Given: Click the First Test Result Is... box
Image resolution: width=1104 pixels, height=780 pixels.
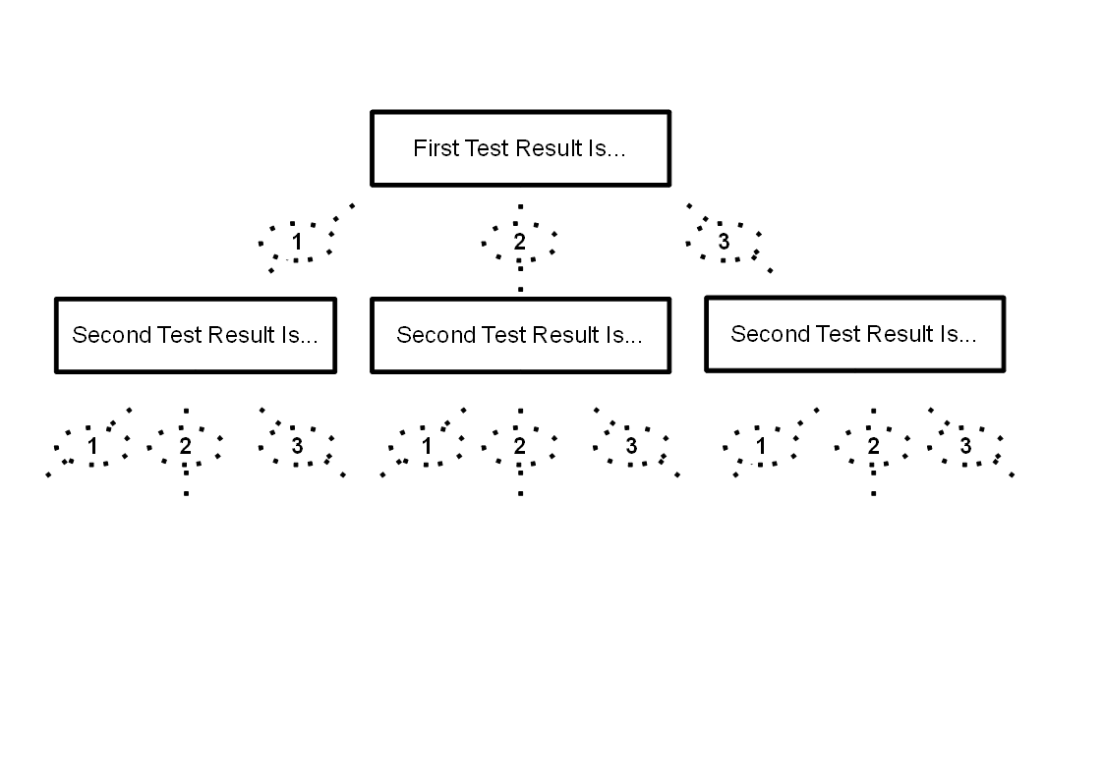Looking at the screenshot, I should point(520,148).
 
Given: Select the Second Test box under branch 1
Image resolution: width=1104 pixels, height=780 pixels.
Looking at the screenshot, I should point(196,335).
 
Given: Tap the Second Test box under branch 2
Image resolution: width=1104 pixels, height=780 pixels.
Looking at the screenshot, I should point(520,335).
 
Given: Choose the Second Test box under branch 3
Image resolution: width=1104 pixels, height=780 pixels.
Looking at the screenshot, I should point(854,334).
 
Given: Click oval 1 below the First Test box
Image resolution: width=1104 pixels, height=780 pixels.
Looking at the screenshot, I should point(297,242).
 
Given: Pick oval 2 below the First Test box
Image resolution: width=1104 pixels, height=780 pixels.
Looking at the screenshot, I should point(520,242).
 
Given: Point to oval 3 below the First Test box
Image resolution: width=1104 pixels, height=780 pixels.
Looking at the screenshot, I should point(725,242).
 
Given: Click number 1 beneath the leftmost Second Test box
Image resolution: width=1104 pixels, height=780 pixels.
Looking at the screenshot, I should point(92,446).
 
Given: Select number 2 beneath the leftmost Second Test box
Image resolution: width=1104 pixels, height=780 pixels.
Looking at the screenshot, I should point(186,446).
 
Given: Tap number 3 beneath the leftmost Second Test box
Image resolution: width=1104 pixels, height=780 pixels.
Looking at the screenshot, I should point(297,446).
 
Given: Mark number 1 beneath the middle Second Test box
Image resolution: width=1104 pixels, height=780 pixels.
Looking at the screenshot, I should point(427,446).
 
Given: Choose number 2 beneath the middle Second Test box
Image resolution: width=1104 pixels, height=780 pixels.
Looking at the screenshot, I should point(520,446).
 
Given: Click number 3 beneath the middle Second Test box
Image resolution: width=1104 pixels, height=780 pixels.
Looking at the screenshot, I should point(631,446).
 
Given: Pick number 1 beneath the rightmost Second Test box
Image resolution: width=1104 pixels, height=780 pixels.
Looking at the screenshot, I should point(761,446).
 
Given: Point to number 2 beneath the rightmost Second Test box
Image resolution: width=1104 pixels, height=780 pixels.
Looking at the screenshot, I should point(873,446).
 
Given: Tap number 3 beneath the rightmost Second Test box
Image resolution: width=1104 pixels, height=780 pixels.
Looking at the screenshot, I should point(965,446).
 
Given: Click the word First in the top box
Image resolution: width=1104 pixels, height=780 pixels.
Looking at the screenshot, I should point(434,149).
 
